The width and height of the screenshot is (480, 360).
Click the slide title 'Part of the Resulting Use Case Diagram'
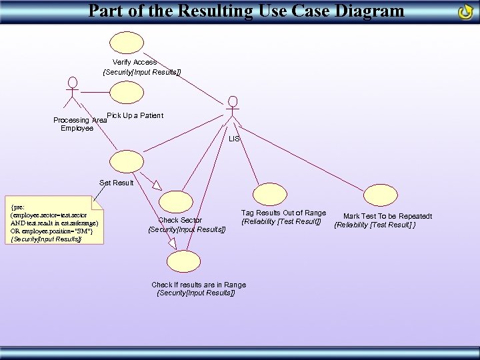(x=246, y=11)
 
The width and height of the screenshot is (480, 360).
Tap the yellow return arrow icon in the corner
(x=466, y=12)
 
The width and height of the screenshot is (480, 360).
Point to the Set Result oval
(x=125, y=163)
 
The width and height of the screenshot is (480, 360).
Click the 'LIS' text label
(x=234, y=139)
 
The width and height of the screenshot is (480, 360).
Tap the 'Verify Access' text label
(x=135, y=62)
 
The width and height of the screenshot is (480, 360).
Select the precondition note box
(x=54, y=219)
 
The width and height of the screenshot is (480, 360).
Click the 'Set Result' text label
(x=117, y=183)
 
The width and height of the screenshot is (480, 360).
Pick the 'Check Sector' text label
(x=180, y=220)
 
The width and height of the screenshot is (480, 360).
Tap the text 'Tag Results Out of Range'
(x=283, y=213)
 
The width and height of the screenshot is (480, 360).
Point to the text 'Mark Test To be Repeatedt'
(x=387, y=216)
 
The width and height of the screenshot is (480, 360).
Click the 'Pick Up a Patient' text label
(x=135, y=115)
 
